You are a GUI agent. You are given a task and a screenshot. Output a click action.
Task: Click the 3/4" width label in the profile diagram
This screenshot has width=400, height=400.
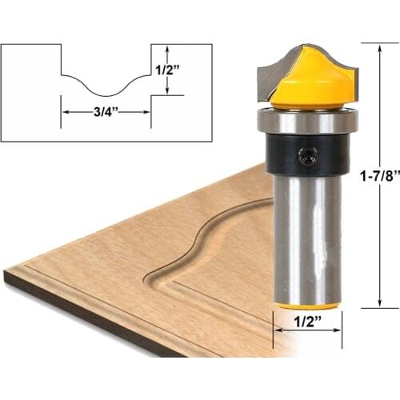click(x=106, y=112)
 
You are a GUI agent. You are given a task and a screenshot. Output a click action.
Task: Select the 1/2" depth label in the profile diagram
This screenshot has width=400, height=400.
click(x=167, y=69)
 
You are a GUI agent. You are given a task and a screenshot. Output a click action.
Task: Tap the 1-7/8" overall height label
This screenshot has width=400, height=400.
click(x=378, y=175)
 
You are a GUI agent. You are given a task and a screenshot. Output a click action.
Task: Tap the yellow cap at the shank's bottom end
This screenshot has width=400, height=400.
click(x=308, y=305)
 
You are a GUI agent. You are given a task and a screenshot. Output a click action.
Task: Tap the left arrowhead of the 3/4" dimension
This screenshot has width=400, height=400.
click(x=64, y=112)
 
